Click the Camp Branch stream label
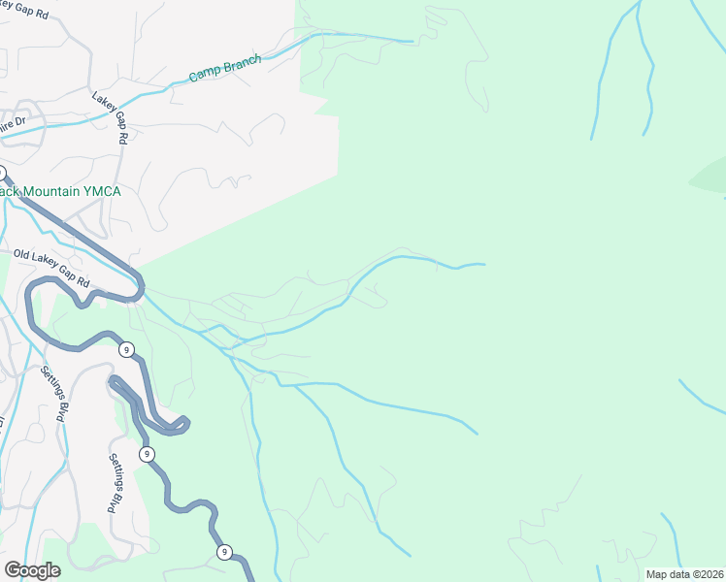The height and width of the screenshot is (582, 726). point(225,68)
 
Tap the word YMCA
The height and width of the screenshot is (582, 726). point(101,191)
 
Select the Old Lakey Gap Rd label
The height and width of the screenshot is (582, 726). point(51,269)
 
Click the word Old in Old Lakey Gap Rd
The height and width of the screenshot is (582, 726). point(23,255)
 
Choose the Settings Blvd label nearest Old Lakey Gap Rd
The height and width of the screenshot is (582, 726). point(55,393)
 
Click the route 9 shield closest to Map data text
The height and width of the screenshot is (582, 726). point(225,553)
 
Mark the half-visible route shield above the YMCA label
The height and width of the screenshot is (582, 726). point(2,172)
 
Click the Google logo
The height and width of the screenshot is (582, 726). point(32,569)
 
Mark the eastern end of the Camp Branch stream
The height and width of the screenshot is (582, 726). point(412,42)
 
